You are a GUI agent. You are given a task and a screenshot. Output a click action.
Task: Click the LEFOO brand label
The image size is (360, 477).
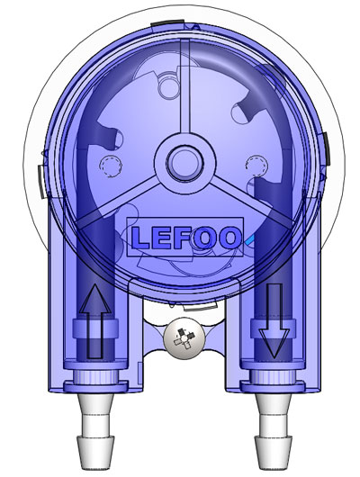coord(185,237)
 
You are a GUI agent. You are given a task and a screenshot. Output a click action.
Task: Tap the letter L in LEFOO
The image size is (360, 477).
coord(142,238)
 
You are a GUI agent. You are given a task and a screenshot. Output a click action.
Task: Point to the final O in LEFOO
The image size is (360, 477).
coord(229,238)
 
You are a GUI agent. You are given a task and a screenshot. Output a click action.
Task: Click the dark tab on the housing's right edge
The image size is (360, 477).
coord(325,144)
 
